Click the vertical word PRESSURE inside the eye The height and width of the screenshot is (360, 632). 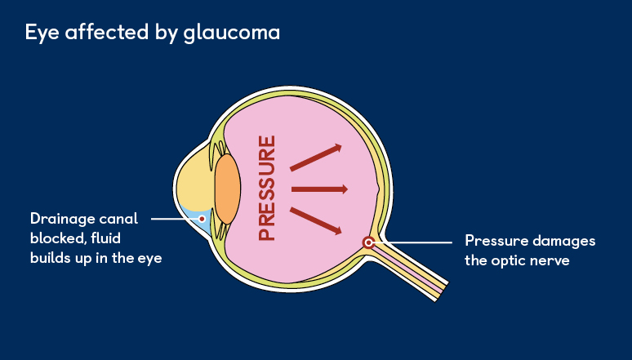[x=267, y=188]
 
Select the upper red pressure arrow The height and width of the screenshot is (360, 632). [x=315, y=158]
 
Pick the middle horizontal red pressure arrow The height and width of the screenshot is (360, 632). [x=319, y=189]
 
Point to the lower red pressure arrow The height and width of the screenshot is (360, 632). [x=315, y=220]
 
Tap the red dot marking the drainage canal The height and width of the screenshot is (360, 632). [x=202, y=219]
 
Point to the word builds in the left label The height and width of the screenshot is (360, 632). [x=54, y=258]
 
